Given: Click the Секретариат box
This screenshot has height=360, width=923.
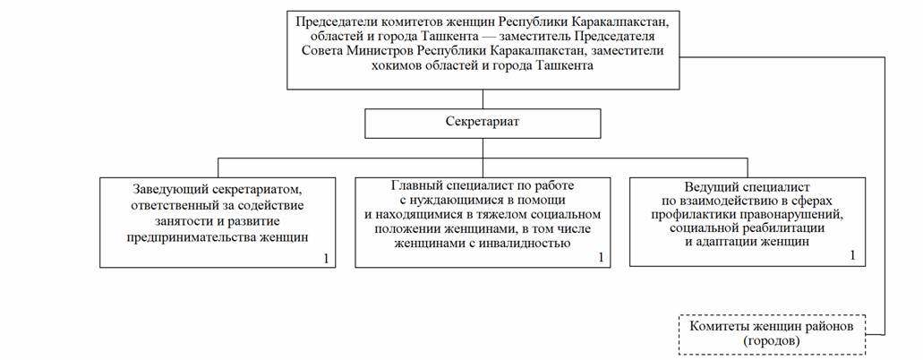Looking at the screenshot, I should (x=483, y=123).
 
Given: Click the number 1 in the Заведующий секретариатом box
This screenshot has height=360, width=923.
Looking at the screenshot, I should (x=327, y=258).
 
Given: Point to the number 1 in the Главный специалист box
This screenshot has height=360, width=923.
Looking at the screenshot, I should (x=601, y=258).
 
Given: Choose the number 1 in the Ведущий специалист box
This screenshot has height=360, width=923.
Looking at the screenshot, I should (x=852, y=255).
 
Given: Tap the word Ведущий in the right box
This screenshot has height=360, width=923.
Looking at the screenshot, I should (x=712, y=184).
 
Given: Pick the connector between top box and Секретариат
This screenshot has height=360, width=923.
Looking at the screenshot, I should (x=483, y=99).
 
